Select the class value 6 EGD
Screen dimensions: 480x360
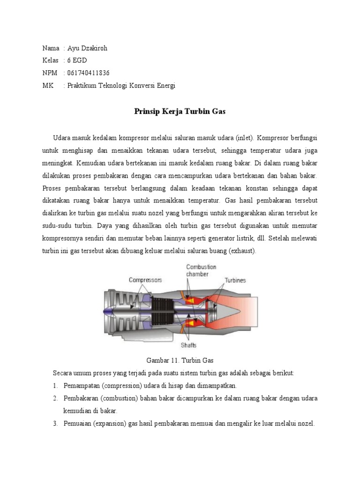tap(77, 60)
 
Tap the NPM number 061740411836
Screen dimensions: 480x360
tap(89, 73)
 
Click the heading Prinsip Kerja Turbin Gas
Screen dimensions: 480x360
tap(180, 112)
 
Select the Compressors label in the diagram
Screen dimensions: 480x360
tap(145, 280)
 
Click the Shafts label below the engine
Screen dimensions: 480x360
tap(188, 345)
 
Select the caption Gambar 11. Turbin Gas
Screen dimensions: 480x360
tap(180, 361)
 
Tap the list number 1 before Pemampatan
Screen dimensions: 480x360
tap(55, 385)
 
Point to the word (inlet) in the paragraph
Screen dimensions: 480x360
tap(242, 138)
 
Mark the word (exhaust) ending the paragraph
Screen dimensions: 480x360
tap(242, 251)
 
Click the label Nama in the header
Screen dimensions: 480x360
tap(51, 48)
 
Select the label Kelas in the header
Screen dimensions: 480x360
tap(50, 60)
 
